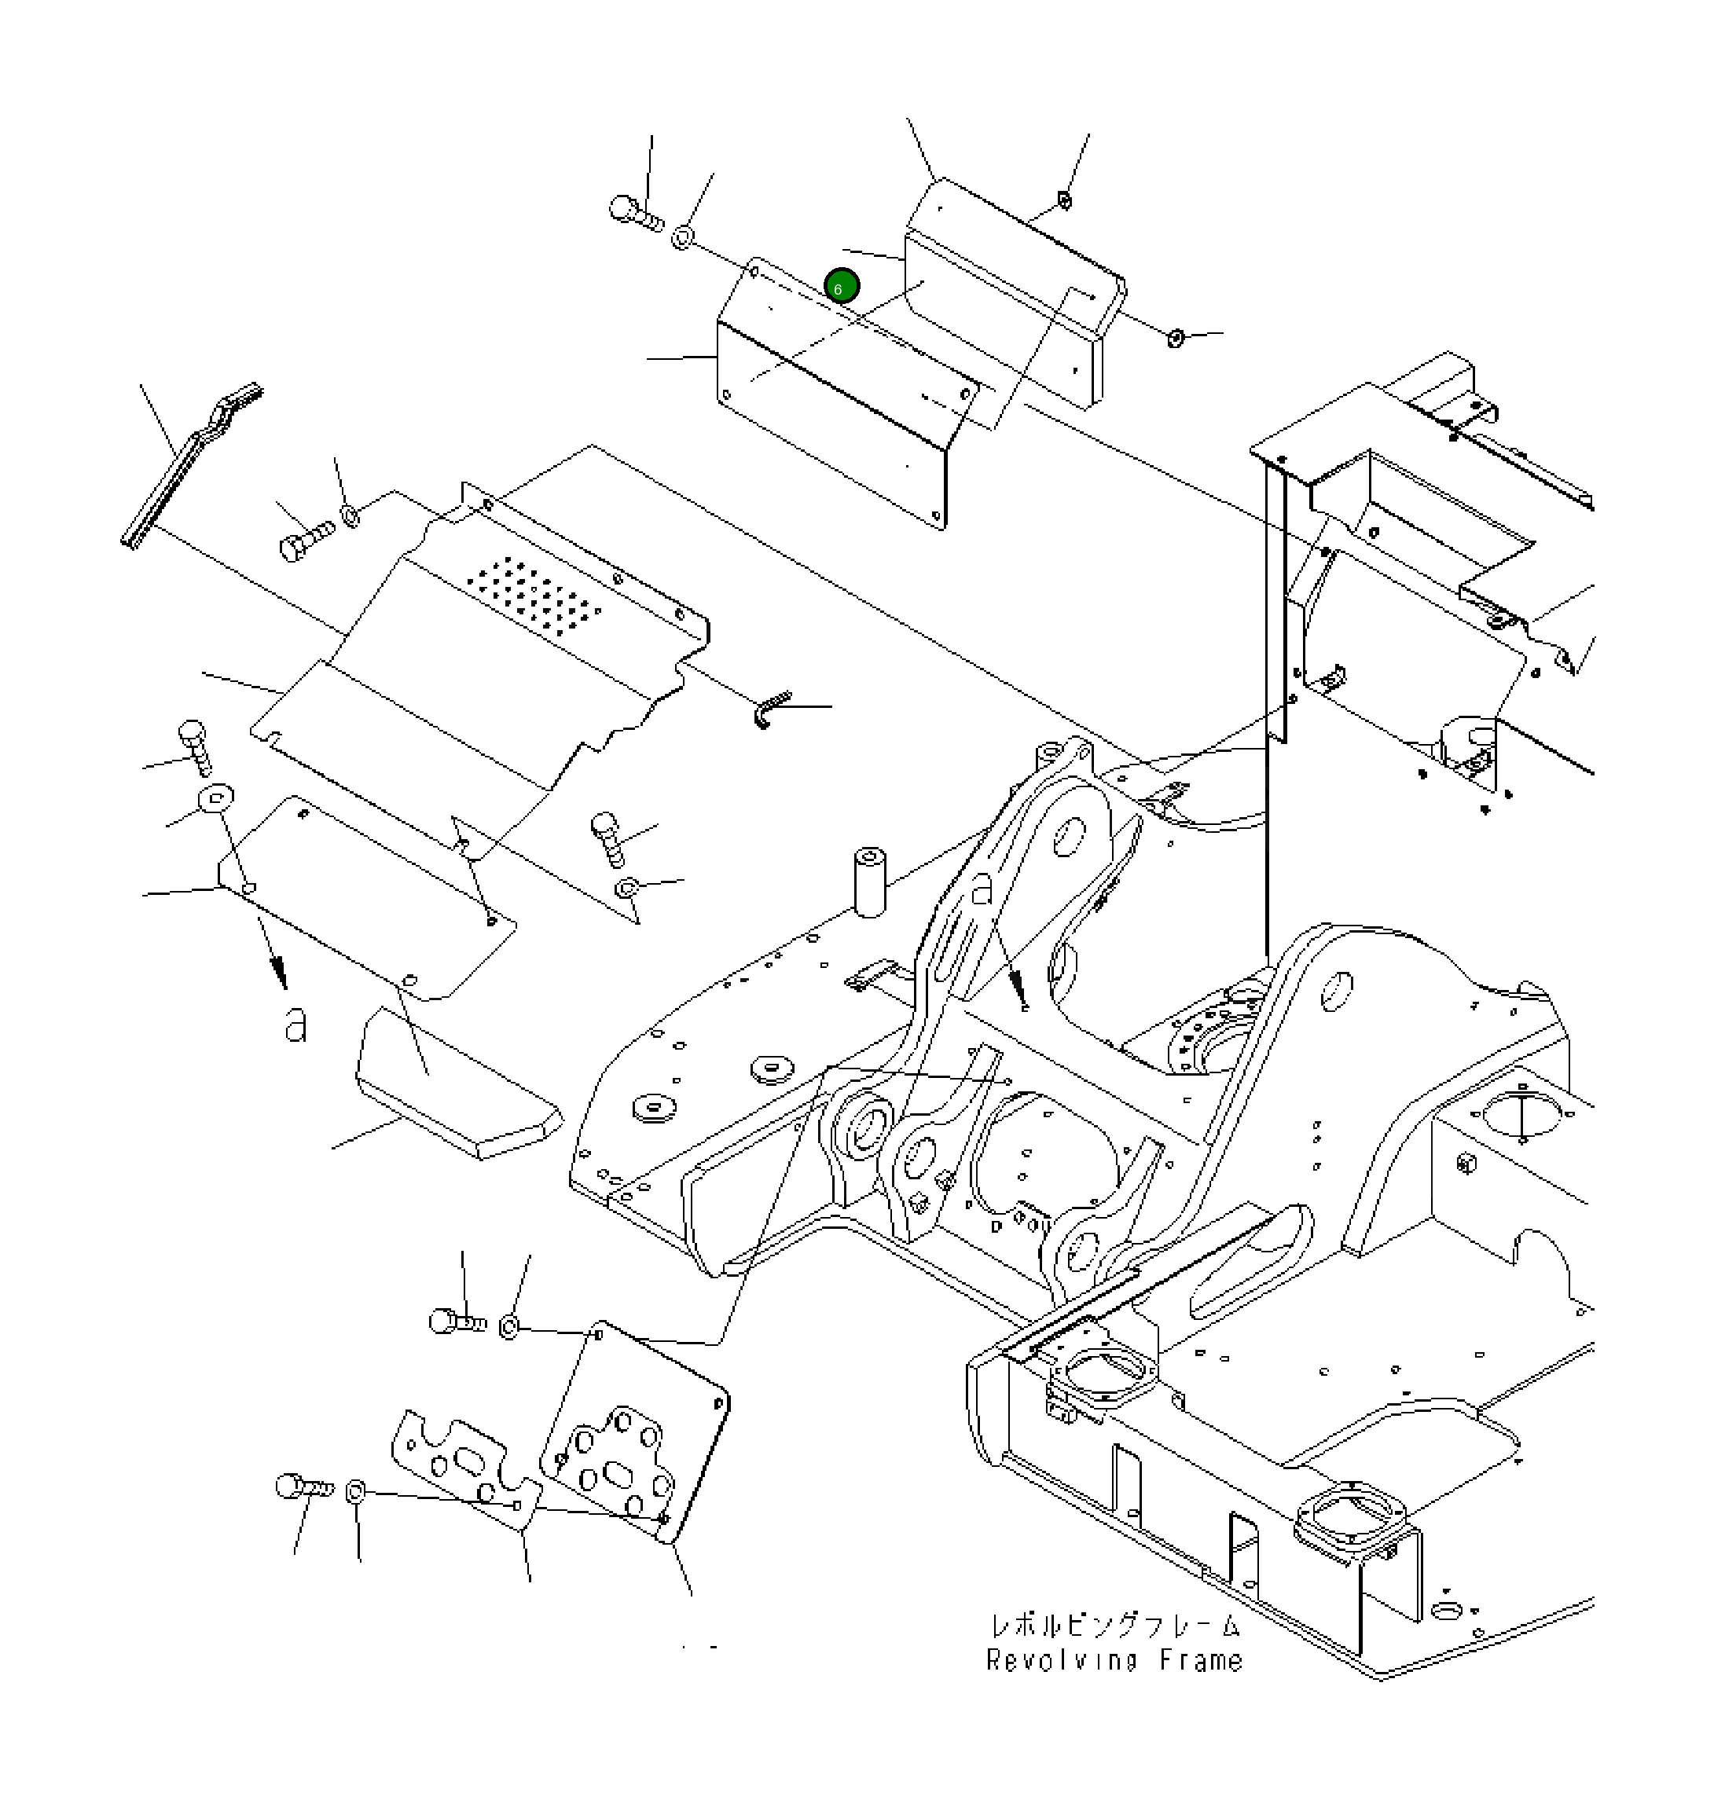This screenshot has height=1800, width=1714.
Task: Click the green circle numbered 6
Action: [x=841, y=287]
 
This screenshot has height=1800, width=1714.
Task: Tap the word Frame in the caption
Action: [x=1201, y=1660]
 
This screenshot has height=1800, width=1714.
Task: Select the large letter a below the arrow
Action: [x=295, y=1025]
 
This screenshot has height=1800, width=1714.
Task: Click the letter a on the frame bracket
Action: [x=982, y=888]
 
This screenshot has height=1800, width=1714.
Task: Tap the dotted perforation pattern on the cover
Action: [x=534, y=597]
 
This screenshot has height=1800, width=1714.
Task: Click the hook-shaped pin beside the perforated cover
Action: [x=770, y=709]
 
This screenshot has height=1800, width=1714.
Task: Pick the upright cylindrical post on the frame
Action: [x=870, y=881]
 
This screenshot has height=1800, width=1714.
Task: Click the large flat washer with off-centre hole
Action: [x=215, y=799]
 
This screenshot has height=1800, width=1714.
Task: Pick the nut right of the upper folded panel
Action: [x=1176, y=338]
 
